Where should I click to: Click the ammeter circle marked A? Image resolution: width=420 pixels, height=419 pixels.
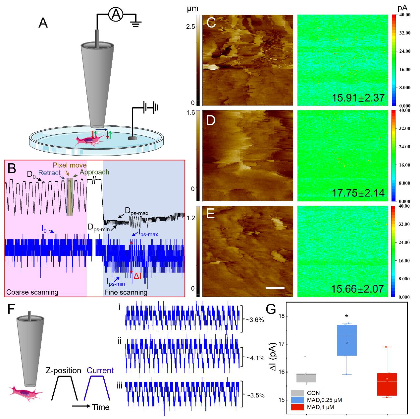pyautogui.click(x=116, y=15)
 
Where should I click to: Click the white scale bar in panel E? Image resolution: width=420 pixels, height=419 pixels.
pyautogui.click(x=275, y=288)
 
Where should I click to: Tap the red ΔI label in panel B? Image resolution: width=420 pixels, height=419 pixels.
pyautogui.click(x=137, y=276)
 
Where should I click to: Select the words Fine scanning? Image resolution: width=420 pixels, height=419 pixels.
pyautogui.click(x=126, y=292)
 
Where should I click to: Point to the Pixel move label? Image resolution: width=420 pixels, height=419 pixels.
pyautogui.click(x=70, y=165)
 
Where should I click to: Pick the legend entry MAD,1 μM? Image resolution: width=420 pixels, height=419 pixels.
pyautogui.click(x=321, y=407)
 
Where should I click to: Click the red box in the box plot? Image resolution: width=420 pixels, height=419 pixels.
pyautogui.click(x=387, y=384)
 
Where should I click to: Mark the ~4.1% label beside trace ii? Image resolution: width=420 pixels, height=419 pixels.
pyautogui.click(x=255, y=358)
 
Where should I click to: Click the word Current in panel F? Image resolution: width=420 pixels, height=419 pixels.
pyautogui.click(x=100, y=371)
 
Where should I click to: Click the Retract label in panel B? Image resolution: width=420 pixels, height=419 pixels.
pyautogui.click(x=49, y=173)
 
